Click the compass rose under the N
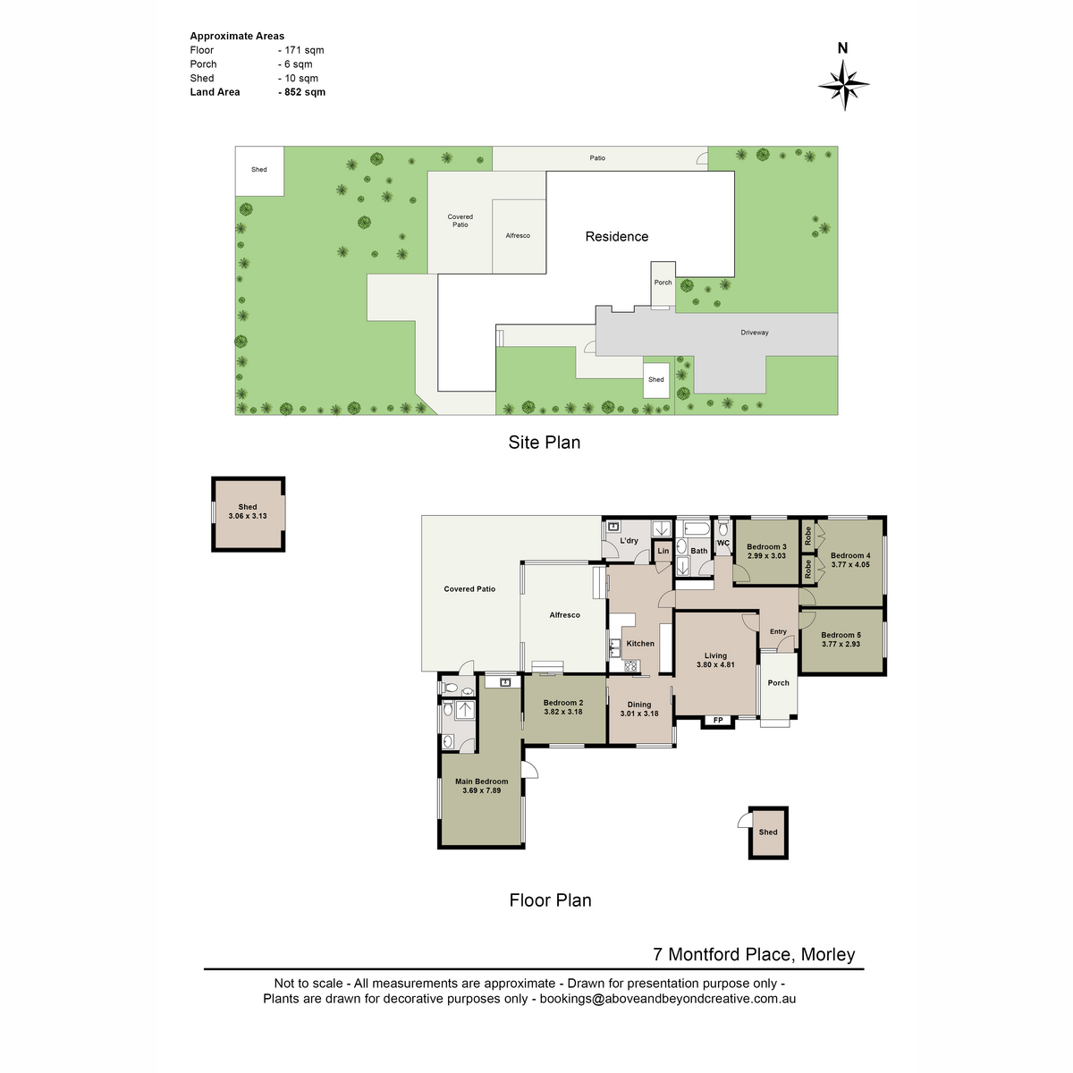[x=842, y=85]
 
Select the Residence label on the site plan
[x=616, y=236]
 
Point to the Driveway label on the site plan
[x=754, y=333]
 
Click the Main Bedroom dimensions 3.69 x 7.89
[x=481, y=790]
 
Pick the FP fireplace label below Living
[x=718, y=720]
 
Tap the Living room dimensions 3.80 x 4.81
[x=715, y=664]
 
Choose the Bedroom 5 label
[x=841, y=635]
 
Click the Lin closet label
[x=663, y=551]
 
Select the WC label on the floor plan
[x=722, y=543]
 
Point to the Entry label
[x=778, y=631]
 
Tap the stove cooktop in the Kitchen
[x=631, y=665]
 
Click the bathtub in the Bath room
[x=696, y=528]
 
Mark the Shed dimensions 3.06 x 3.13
[x=247, y=516]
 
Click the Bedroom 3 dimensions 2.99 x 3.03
[x=766, y=555]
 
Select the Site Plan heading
[x=544, y=442]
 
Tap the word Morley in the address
[x=827, y=954]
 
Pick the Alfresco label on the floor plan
[x=564, y=614]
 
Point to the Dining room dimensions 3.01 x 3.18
[x=638, y=714]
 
